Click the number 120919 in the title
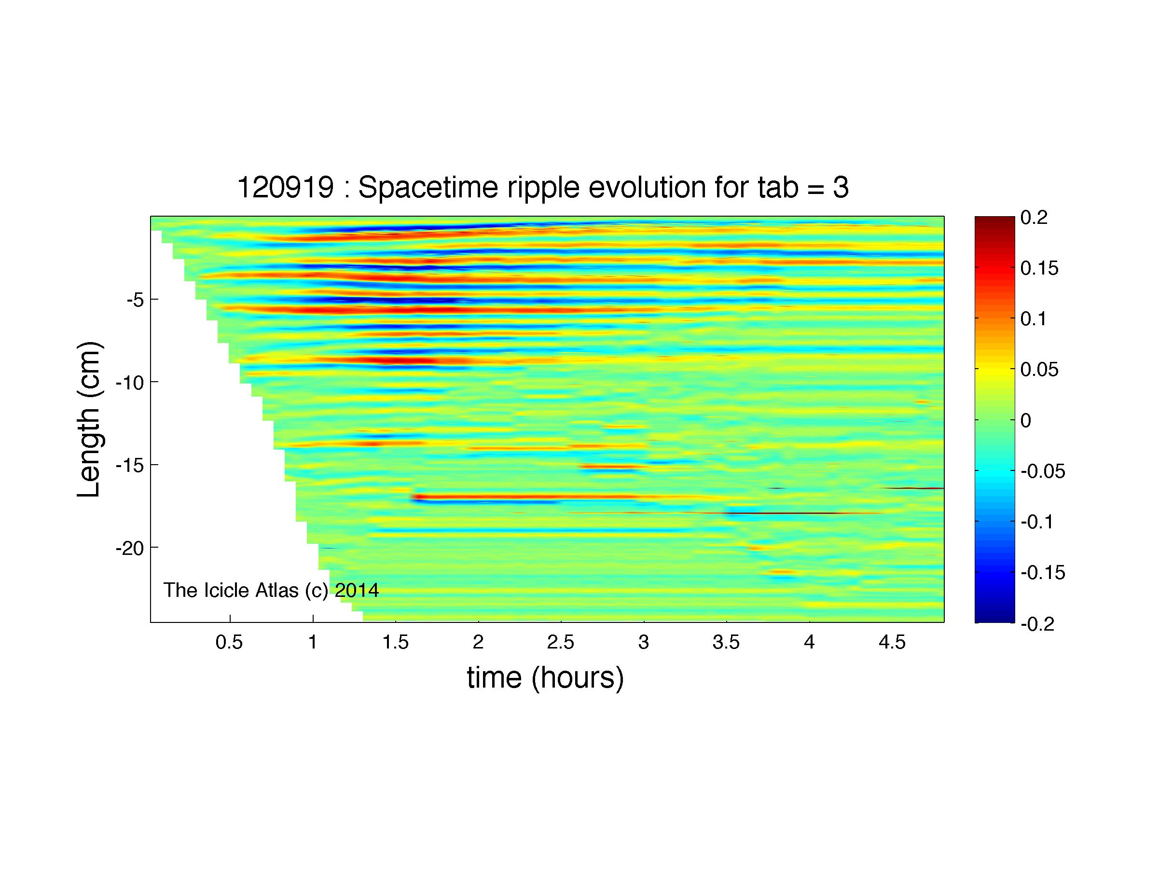[286, 187]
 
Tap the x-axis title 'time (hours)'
[545, 678]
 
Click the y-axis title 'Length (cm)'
[90, 420]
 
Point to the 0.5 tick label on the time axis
[230, 642]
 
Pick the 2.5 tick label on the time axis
[561, 642]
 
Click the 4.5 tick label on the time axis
[892, 642]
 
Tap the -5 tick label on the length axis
[135, 300]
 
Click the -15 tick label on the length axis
[129, 465]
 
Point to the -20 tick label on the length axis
[129, 549]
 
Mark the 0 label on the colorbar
[1026, 421]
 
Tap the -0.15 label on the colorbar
[1043, 573]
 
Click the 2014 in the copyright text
[357, 590]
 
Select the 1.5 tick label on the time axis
[395, 642]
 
